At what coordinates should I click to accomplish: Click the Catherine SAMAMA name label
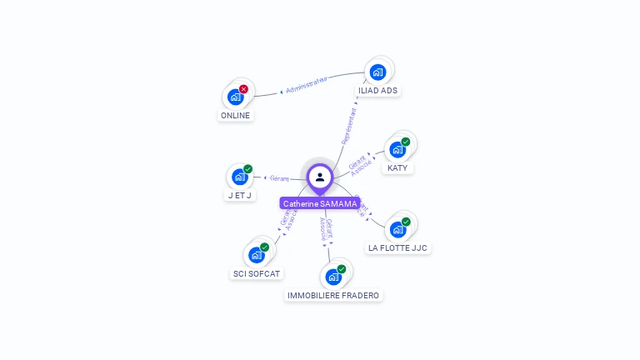click(320, 203)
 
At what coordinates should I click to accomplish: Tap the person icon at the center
click(320, 177)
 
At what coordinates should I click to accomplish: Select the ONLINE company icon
click(236, 97)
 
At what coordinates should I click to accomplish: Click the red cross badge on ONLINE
click(243, 89)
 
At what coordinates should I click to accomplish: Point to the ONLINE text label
click(235, 116)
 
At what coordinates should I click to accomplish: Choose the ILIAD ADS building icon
click(377, 72)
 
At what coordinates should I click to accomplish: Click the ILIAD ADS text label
click(377, 91)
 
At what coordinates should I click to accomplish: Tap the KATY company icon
click(397, 150)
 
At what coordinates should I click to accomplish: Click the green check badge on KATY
click(406, 142)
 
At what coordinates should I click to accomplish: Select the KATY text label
click(397, 168)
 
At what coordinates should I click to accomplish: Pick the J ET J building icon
click(240, 177)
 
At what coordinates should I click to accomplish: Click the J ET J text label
click(240, 195)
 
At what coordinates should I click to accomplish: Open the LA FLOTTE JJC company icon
click(398, 229)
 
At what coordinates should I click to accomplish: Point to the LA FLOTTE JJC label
click(399, 248)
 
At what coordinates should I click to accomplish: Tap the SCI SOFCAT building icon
click(257, 255)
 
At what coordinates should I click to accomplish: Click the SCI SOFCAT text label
click(257, 273)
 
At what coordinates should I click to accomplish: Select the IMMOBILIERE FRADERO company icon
click(333, 277)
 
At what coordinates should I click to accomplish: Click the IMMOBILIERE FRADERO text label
click(333, 296)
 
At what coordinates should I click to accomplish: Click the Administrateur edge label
click(306, 84)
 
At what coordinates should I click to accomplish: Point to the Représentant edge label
click(349, 126)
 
